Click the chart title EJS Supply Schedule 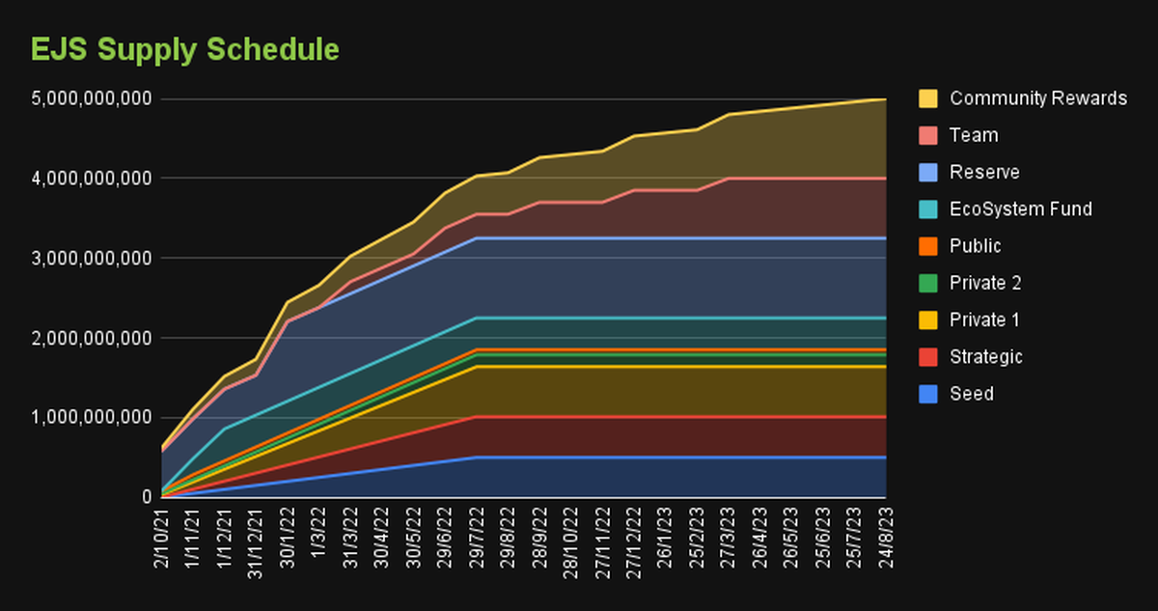(185, 49)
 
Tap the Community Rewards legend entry (1037, 98)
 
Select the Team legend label (974, 135)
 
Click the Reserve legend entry (984, 173)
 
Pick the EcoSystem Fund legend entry (1020, 209)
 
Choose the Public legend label (976, 246)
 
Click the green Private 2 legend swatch (928, 283)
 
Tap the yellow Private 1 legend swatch (928, 320)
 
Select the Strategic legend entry (985, 357)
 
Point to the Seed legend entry (972, 394)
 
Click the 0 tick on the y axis (147, 497)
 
